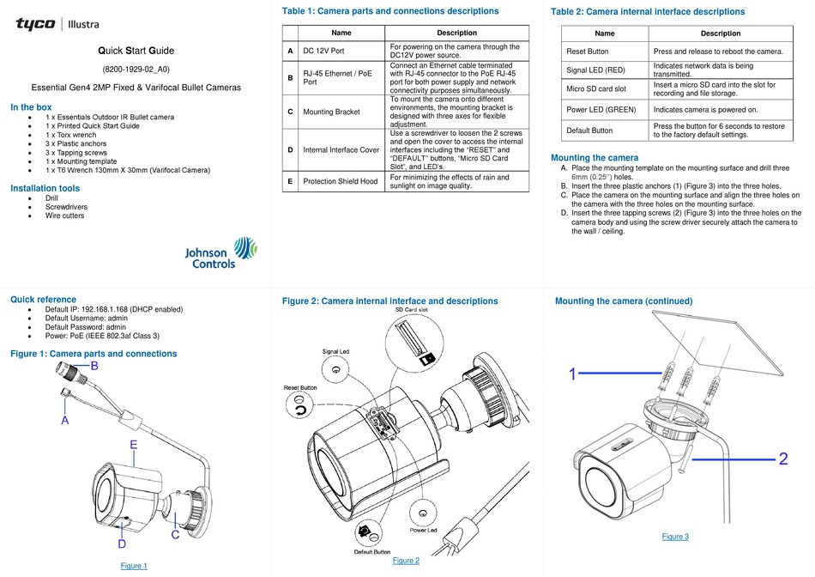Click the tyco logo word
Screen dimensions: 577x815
pyautogui.click(x=35, y=23)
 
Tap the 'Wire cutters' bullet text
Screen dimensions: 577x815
pyautogui.click(x=66, y=216)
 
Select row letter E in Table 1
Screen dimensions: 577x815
pyautogui.click(x=292, y=182)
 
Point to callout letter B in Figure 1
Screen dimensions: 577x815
pyautogui.click(x=94, y=367)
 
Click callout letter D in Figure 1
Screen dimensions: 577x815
pyautogui.click(x=123, y=544)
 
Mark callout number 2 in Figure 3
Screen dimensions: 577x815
pyautogui.click(x=783, y=459)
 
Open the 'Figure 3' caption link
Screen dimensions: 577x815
pyautogui.click(x=675, y=537)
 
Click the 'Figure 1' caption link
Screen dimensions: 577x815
pyautogui.click(x=133, y=566)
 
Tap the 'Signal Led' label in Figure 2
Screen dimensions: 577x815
pyautogui.click(x=336, y=352)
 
